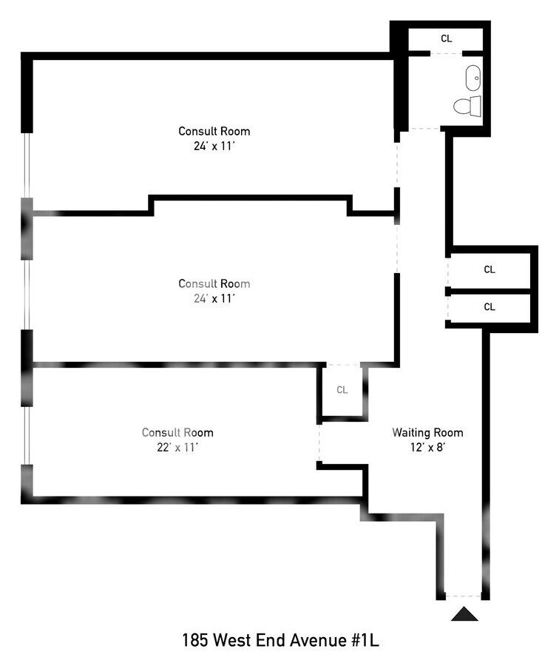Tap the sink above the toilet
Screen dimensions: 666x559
click(x=472, y=75)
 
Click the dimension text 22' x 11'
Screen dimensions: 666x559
click(x=177, y=447)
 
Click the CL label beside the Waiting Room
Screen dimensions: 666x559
click(x=342, y=390)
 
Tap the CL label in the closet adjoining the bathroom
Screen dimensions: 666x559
click(x=446, y=38)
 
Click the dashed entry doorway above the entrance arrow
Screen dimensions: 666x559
click(x=464, y=596)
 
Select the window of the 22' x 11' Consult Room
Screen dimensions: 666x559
click(x=27, y=435)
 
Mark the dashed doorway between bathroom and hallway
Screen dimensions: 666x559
click(x=424, y=129)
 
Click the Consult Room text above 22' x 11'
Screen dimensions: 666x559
click(x=177, y=433)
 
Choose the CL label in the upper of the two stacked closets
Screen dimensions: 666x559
click(x=489, y=270)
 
